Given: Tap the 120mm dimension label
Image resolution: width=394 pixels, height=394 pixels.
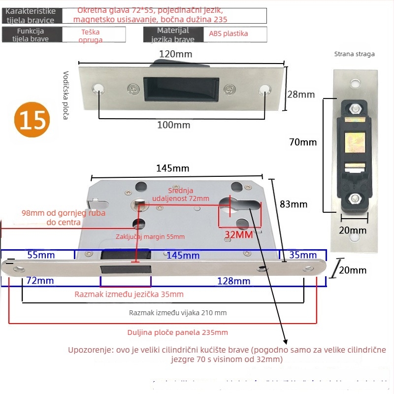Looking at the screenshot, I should tap(175, 54).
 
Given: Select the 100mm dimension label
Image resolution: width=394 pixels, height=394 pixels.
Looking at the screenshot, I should tap(173, 125).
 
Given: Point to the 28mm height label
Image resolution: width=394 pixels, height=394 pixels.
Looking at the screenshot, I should tap(301, 94).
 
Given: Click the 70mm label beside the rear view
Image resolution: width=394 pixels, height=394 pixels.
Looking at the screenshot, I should tap(303, 142).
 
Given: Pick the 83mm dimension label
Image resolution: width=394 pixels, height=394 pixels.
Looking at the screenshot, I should tap(294, 204).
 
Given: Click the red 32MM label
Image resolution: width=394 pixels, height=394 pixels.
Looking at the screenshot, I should tap(239, 234).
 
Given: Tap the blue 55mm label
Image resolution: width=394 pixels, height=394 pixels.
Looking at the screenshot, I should tap(40, 255).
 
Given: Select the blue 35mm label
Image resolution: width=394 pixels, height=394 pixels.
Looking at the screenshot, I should tap(303, 255).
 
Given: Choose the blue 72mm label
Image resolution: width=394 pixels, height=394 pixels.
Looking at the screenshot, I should tap(40, 281).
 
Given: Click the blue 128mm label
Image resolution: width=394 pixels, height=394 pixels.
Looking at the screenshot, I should tap(234, 281).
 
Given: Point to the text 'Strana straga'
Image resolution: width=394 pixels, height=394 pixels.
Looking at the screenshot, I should tap(354, 54).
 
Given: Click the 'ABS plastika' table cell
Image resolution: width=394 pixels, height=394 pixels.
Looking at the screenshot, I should tap(229, 34).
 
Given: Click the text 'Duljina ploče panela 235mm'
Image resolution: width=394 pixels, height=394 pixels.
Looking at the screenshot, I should tap(177, 332).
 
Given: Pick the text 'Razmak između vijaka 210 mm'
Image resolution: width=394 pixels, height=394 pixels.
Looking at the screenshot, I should tap(178, 312).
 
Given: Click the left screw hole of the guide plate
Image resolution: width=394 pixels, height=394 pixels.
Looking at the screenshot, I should tap(100, 89).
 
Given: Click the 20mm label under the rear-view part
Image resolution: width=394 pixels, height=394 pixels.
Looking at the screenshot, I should tap(353, 230).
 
